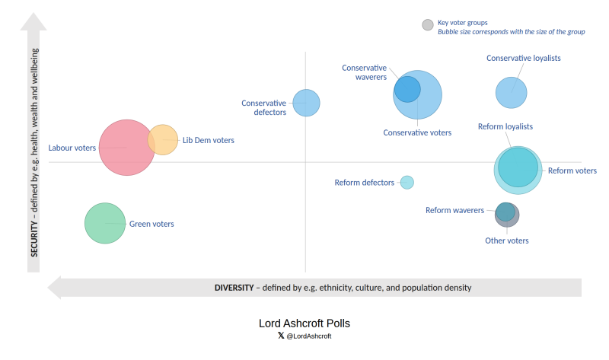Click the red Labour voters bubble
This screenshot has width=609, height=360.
[126, 148]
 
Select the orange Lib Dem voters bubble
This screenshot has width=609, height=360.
[163, 140]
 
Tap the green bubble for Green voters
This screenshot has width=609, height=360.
[105, 223]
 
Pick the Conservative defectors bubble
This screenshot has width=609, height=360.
[307, 103]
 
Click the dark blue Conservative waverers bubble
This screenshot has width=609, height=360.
[407, 89]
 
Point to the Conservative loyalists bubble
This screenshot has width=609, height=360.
[511, 93]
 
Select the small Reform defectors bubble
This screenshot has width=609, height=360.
[407, 182]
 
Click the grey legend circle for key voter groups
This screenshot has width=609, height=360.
[428, 25]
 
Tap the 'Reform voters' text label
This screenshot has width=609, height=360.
[572, 170]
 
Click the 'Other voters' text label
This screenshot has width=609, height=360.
[506, 241]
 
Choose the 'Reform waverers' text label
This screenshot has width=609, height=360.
[454, 210]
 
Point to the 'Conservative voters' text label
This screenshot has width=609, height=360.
[417, 133]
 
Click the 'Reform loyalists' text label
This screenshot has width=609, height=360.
[505, 126]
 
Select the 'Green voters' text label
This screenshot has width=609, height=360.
[151, 224]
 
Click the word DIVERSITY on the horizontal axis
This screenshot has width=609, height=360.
[234, 288]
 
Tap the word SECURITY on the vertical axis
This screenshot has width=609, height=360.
[34, 239]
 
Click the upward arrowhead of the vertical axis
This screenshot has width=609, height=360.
[33, 21]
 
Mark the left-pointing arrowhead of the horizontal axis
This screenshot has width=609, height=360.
[54, 288]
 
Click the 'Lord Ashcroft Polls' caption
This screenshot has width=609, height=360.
[304, 323]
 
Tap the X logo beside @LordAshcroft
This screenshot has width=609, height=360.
[281, 336]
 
